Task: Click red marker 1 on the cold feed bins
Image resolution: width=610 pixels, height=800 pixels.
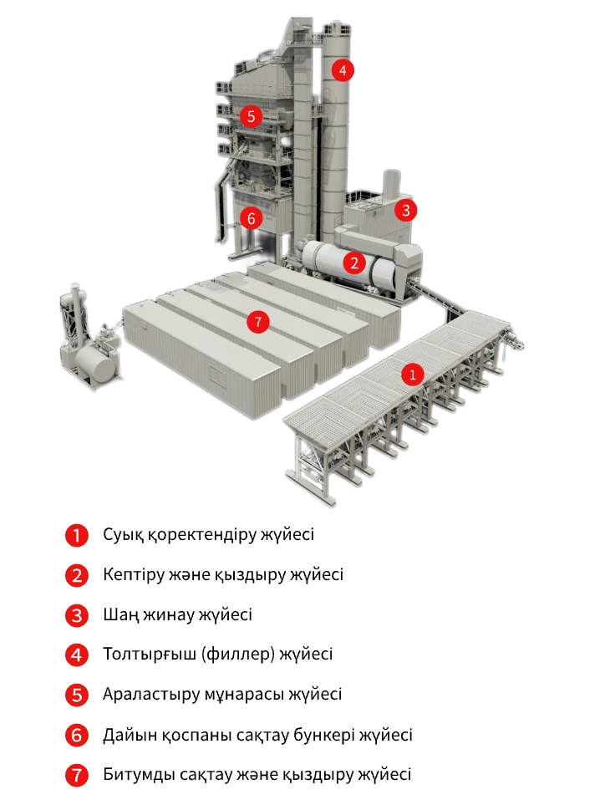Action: point(412,375)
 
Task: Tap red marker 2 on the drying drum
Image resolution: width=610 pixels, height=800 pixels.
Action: point(354,262)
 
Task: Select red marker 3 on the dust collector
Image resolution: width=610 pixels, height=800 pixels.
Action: point(405,210)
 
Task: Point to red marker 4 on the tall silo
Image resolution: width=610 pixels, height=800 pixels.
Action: point(343,70)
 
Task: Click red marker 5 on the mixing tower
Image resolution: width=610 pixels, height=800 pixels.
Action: point(251,116)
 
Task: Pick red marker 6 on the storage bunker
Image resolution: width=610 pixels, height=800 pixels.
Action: point(251,219)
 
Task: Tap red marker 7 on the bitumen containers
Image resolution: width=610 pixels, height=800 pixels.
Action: point(258,322)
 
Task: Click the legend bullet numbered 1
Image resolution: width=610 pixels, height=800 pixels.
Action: point(77,535)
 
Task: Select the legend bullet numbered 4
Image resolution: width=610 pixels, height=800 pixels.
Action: point(77,655)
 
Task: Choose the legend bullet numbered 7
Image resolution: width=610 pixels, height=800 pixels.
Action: point(77,775)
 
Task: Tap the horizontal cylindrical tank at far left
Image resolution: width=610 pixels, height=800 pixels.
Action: point(97,363)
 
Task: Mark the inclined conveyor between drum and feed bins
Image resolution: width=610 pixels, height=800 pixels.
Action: point(441,302)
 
